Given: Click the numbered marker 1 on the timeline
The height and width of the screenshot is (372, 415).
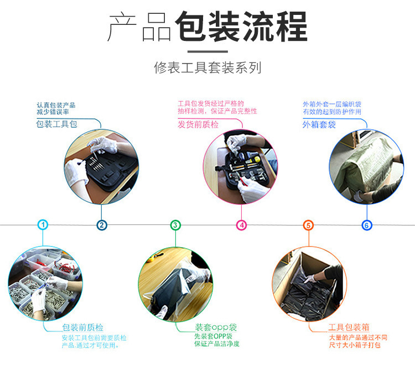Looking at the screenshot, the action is tap(43, 225).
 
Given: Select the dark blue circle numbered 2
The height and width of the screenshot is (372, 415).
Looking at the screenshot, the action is tap(102, 226).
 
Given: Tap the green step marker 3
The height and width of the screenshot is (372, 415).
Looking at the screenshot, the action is tap(175, 226).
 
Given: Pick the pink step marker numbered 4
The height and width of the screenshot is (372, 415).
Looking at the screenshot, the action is tap(241, 226).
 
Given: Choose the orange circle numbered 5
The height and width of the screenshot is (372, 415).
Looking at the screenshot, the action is tap(308, 226).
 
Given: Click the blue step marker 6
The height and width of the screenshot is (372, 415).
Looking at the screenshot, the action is tap(367, 226).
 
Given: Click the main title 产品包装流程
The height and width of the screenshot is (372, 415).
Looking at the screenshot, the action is tap(207, 27).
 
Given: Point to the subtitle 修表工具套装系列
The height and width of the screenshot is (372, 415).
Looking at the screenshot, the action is tap(207, 67).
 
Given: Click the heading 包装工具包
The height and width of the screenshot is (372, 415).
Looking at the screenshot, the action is tap(56, 124).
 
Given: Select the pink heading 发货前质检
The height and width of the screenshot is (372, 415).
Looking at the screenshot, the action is tap(198, 124).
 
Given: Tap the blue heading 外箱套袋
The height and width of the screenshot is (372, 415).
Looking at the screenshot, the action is tap(319, 124).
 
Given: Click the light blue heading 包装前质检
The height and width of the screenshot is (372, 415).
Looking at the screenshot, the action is tap(82, 327).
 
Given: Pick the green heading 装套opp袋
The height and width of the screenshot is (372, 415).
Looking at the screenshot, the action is tap(216, 327).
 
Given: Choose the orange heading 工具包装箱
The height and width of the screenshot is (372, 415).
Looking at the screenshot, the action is tap(349, 327).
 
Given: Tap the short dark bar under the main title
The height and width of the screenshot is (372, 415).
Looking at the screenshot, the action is tap(207, 51).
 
